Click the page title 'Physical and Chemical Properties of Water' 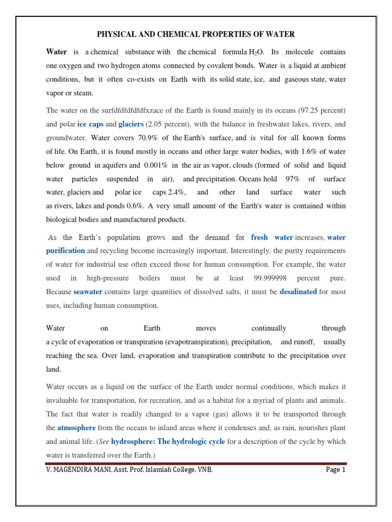pyautogui.click(x=196, y=35)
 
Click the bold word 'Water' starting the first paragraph pyautogui.click(x=57, y=52)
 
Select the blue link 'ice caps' pyautogui.click(x=91, y=124)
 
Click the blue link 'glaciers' pyautogui.click(x=131, y=124)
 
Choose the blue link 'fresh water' pyautogui.click(x=272, y=238)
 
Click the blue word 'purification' pyautogui.click(x=65, y=251)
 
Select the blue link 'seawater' pyautogui.click(x=88, y=292)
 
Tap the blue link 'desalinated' pyautogui.click(x=298, y=292)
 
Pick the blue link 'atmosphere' pyautogui.click(x=76, y=428)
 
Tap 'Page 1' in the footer pyautogui.click(x=336, y=470)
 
